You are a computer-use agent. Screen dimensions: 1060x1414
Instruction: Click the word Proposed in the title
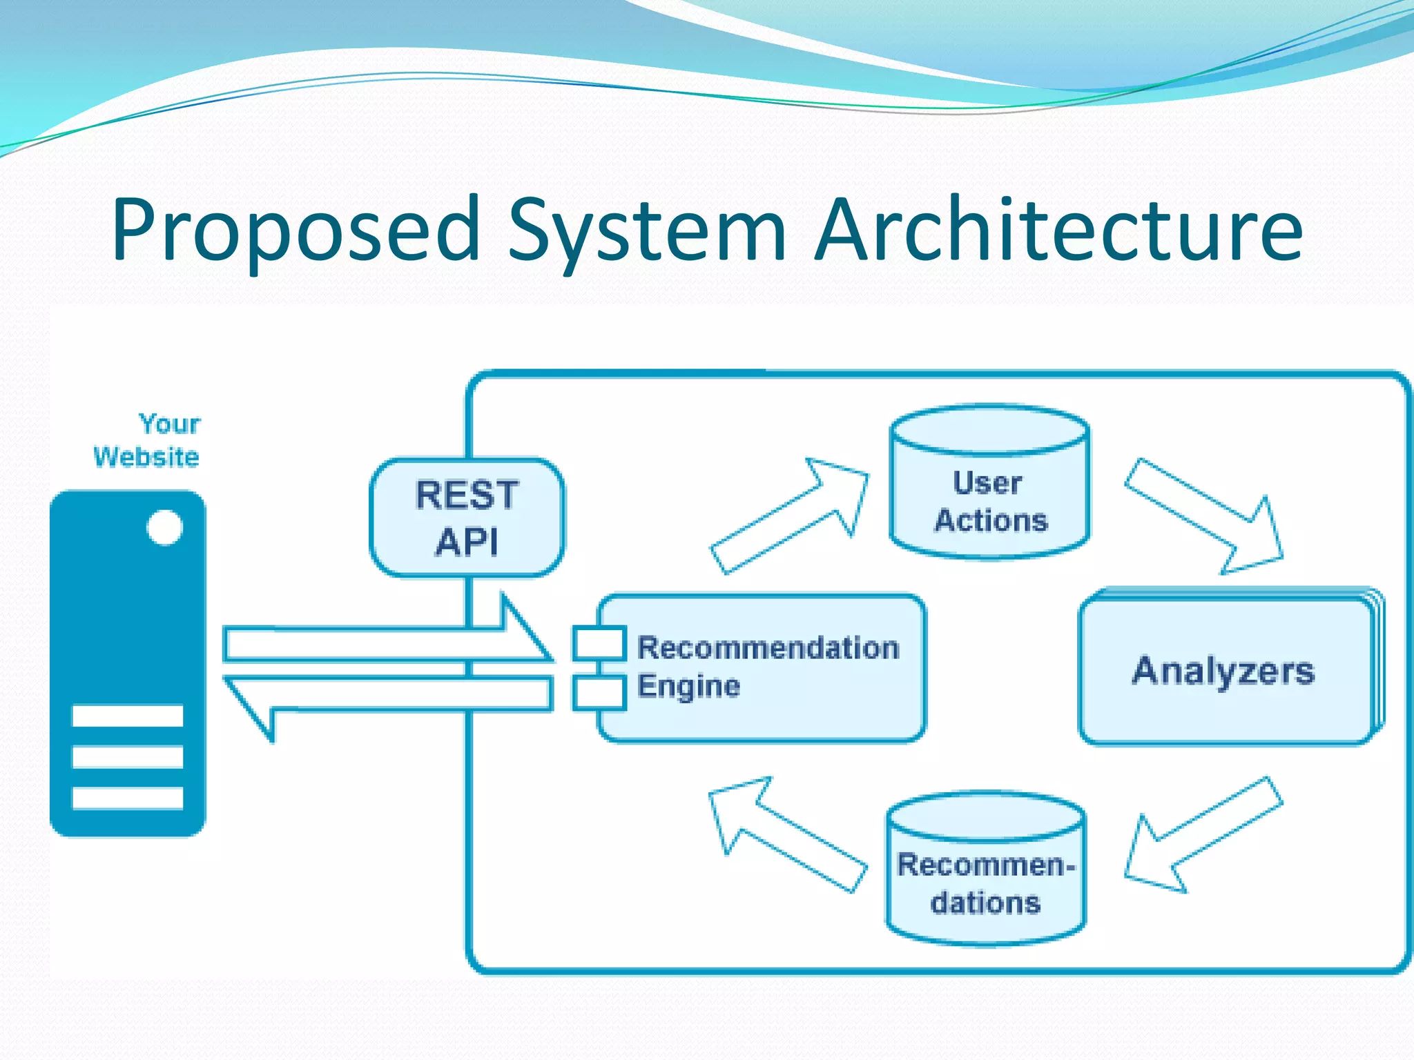pyautogui.click(x=296, y=229)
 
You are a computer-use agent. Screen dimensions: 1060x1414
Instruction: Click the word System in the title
pyautogui.click(x=647, y=229)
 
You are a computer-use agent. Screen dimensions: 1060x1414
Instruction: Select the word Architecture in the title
pyautogui.click(x=1059, y=229)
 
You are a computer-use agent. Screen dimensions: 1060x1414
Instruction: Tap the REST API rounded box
pyautogui.click(x=467, y=518)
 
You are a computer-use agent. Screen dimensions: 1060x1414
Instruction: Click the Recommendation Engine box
pyautogui.click(x=766, y=668)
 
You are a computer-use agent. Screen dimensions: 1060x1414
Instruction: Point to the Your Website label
pyautogui.click(x=148, y=440)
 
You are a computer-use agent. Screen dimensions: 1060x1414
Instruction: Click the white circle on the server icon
pyautogui.click(x=164, y=528)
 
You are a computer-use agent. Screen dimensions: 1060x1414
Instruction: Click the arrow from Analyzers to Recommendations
pyautogui.click(x=1201, y=835)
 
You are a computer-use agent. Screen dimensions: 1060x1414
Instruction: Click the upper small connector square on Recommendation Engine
pyautogui.click(x=599, y=642)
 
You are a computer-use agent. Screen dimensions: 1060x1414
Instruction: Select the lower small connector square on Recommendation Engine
pyautogui.click(x=599, y=694)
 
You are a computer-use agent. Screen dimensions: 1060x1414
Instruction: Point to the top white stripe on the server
pyautogui.click(x=128, y=716)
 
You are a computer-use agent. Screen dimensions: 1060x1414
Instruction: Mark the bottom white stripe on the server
pyautogui.click(x=128, y=798)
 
